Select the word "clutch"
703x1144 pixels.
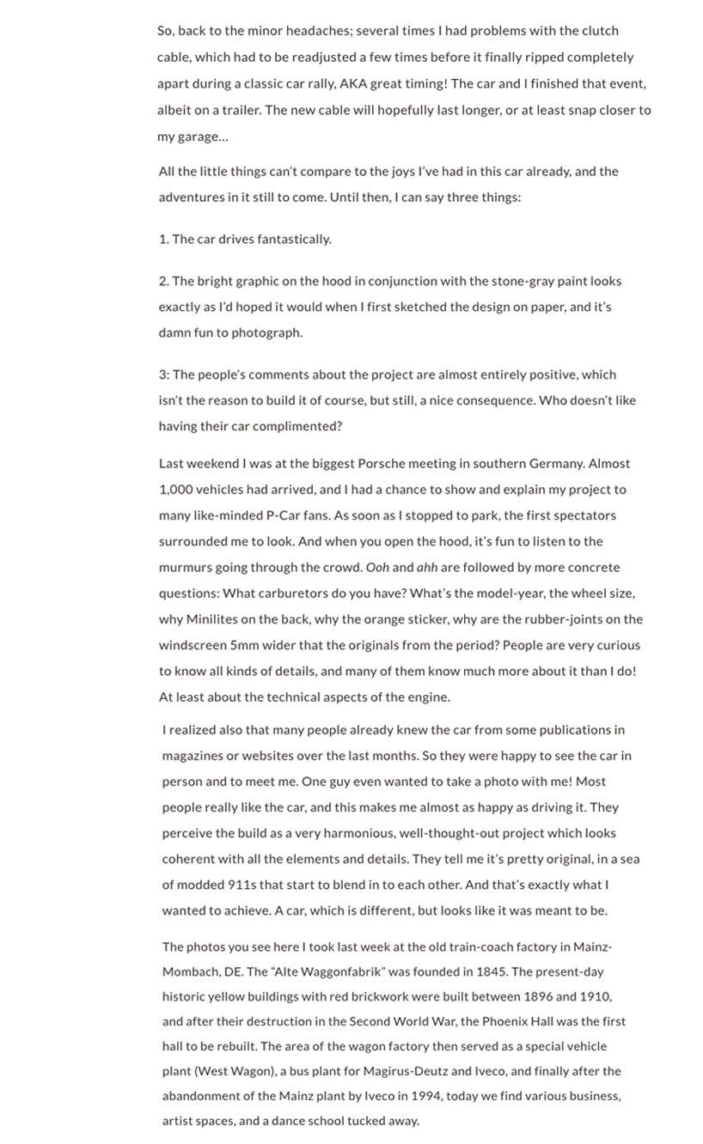[x=599, y=31]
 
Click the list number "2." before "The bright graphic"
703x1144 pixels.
[x=163, y=281]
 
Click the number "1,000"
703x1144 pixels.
[x=175, y=490]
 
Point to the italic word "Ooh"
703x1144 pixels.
[x=377, y=568]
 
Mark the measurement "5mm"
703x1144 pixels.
[x=246, y=645]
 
